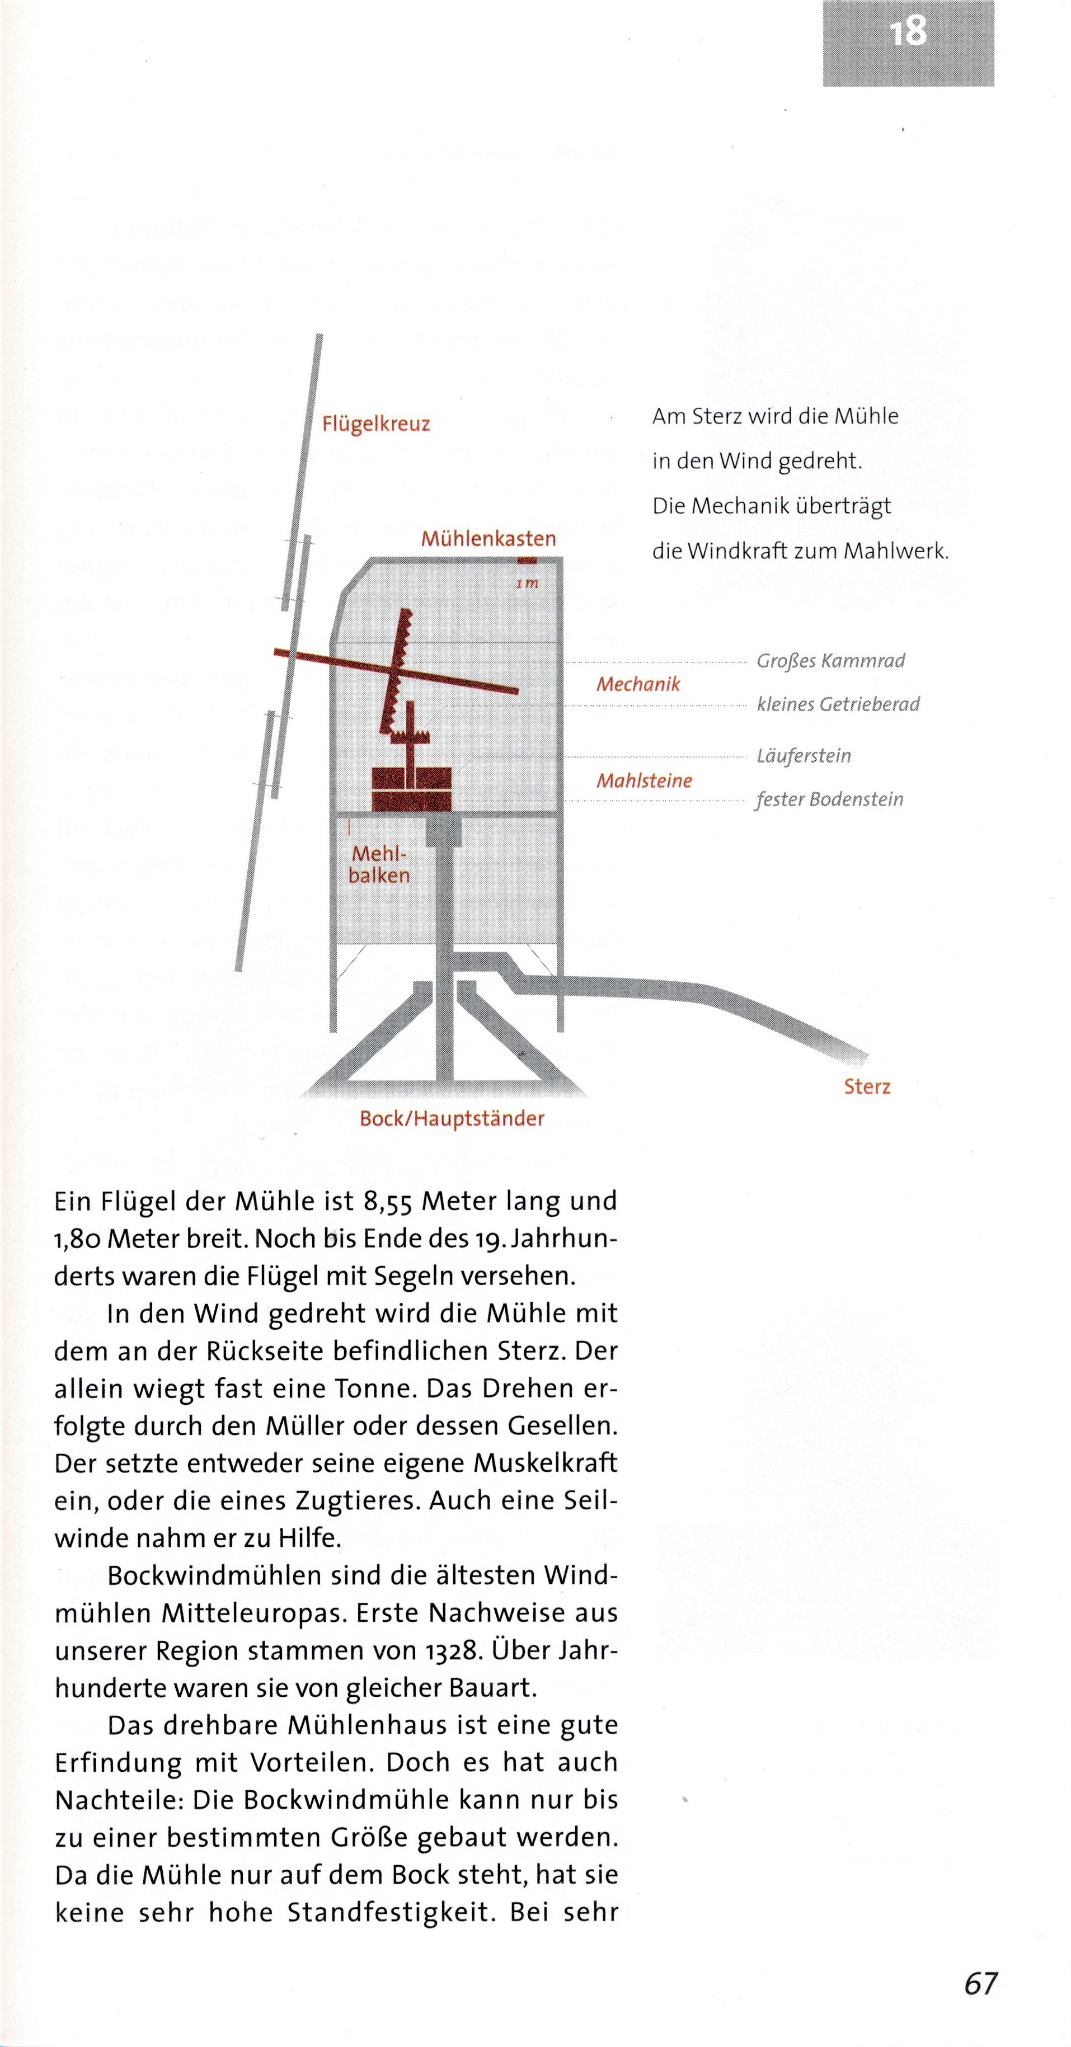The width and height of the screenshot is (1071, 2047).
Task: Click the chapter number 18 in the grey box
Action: [x=907, y=32]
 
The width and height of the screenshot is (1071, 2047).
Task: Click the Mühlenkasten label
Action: [x=488, y=539]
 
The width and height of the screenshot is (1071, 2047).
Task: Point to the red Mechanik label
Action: [x=638, y=684]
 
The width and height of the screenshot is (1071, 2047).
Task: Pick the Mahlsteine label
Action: [x=644, y=780]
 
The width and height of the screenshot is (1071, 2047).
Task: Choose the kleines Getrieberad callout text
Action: [x=837, y=704]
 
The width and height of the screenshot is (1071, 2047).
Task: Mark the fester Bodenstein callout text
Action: [x=829, y=799]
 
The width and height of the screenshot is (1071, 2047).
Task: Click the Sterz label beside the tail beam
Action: [x=867, y=1086]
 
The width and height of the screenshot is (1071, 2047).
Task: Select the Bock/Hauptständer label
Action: [x=452, y=1119]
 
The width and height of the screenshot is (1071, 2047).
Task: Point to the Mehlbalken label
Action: [x=379, y=864]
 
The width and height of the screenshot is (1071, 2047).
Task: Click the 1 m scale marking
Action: [x=527, y=583]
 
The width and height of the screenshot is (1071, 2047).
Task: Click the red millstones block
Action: [x=412, y=788]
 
